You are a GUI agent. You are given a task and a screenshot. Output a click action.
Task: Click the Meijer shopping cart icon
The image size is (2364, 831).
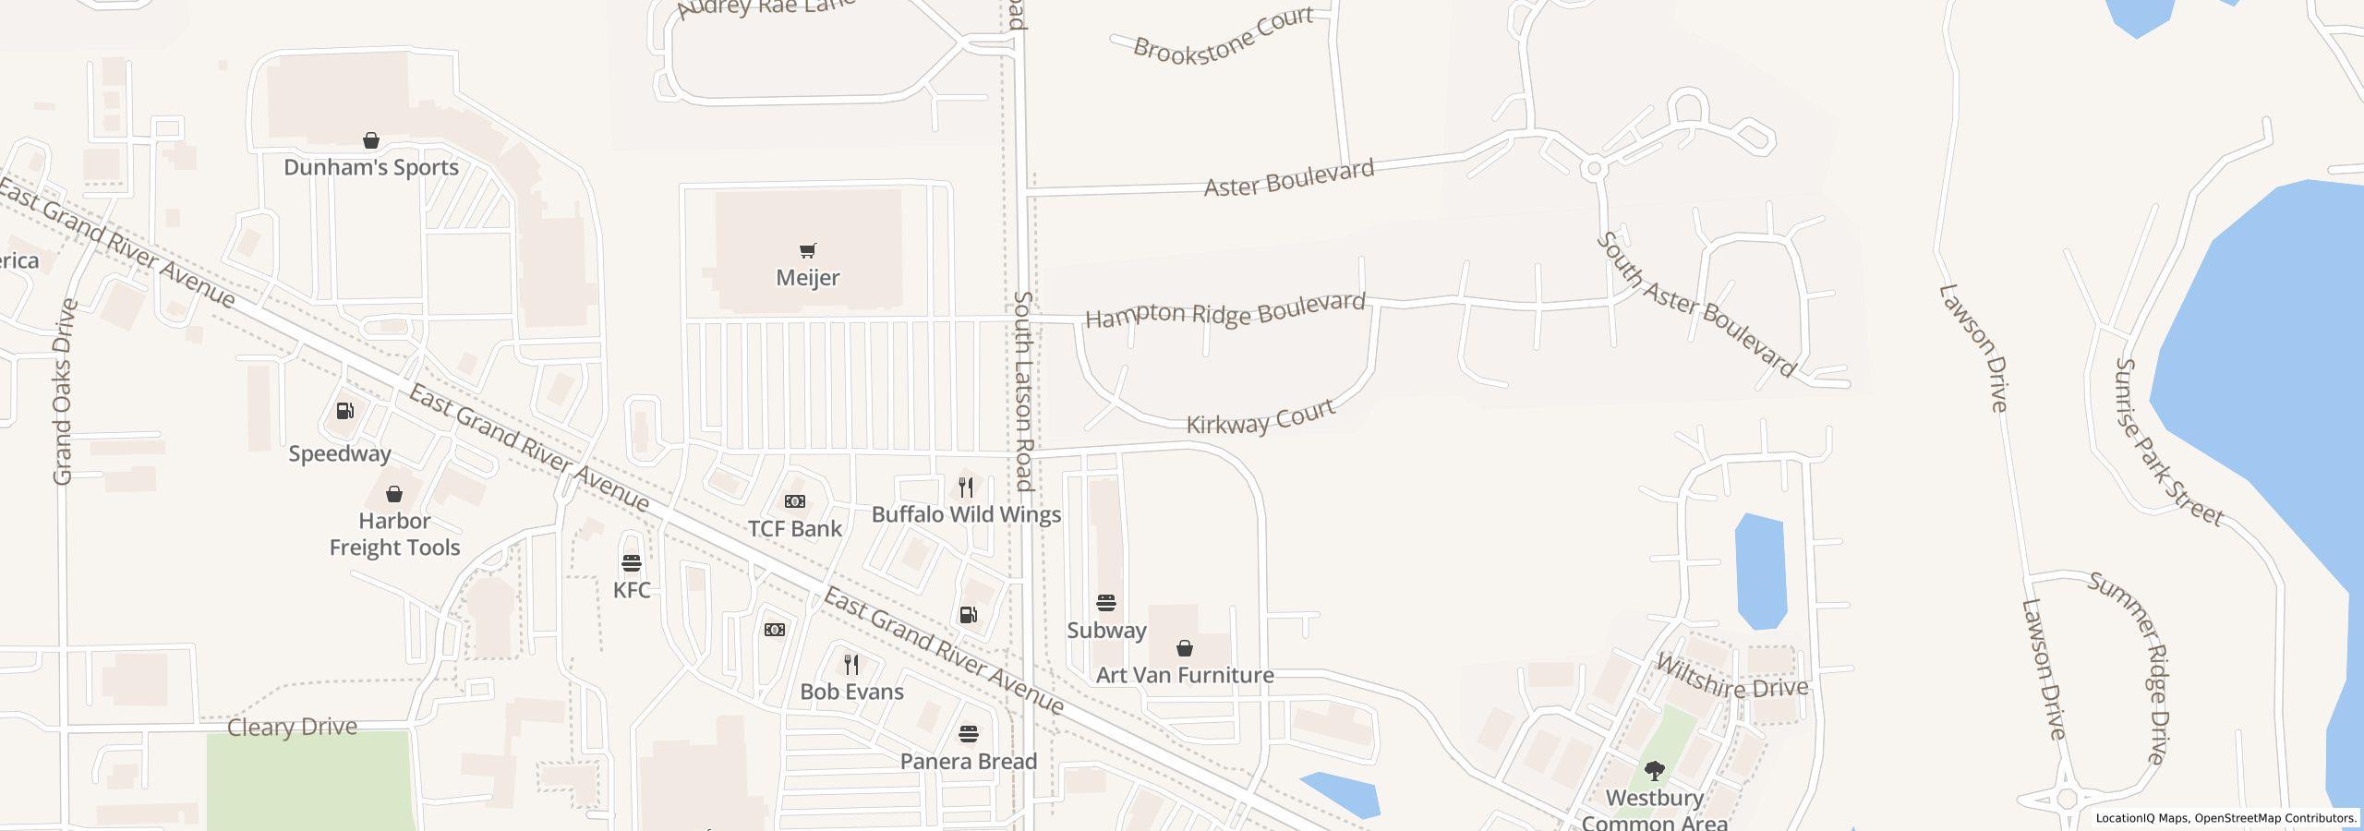click(x=808, y=250)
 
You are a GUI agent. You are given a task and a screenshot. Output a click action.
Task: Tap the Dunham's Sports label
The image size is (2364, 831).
click(x=371, y=168)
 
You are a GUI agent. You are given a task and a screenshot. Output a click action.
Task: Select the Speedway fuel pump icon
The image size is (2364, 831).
click(x=344, y=411)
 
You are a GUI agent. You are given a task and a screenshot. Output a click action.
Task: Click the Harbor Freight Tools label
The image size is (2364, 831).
click(x=394, y=535)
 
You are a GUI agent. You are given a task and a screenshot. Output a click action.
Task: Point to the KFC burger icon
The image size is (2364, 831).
click(x=632, y=563)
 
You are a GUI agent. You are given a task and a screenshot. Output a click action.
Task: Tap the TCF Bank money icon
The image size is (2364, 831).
click(x=795, y=501)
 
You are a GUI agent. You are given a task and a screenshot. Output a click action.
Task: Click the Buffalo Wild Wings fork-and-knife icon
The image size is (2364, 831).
click(x=966, y=488)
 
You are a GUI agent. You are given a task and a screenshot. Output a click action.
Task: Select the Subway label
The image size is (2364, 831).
click(x=1106, y=631)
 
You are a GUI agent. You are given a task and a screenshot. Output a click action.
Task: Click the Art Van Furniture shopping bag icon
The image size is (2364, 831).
click(x=1185, y=648)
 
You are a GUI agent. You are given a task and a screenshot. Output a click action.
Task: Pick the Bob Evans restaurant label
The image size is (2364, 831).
click(x=851, y=692)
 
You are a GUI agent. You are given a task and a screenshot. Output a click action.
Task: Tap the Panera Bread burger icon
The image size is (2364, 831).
click(x=968, y=734)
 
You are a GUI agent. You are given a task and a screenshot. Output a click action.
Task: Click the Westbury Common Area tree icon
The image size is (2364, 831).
click(x=1655, y=771)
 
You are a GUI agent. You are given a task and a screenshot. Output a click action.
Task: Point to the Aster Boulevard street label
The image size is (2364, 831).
click(x=1289, y=177)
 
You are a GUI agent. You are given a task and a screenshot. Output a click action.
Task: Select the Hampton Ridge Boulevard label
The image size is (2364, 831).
click(x=1224, y=311)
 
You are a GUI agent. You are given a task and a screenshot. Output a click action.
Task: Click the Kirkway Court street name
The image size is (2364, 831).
click(x=1260, y=417)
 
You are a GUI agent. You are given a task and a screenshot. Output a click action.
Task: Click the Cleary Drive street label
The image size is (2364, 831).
click(x=292, y=728)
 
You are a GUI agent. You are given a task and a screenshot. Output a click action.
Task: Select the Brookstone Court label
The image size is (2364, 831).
click(x=1223, y=35)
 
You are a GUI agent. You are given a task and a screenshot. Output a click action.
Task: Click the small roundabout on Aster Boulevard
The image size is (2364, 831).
click(x=1592, y=169)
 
